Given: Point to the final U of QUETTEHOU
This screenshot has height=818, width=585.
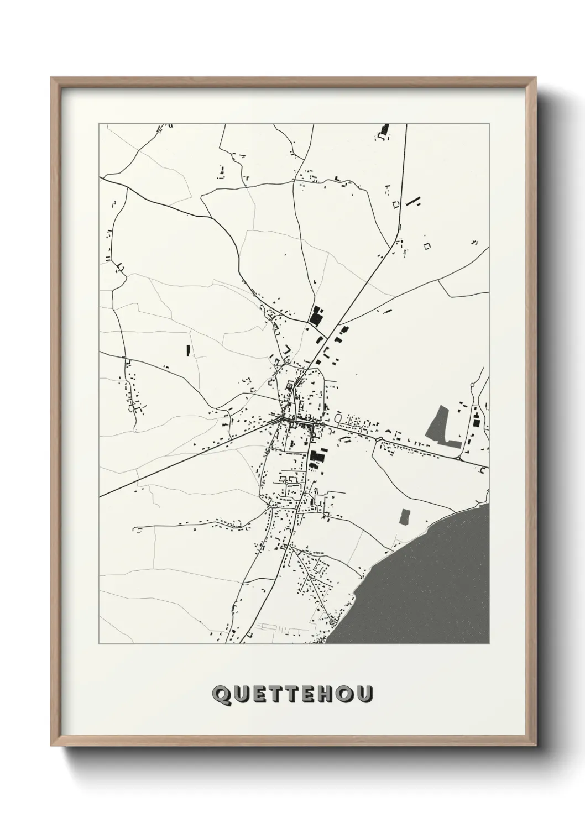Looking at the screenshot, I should click(x=365, y=695).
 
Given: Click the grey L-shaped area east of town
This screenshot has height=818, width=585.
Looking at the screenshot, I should click(x=440, y=428).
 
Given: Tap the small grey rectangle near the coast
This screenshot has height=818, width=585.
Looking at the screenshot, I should click(x=405, y=516).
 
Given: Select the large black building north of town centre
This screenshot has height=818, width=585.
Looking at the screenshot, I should click(x=316, y=316).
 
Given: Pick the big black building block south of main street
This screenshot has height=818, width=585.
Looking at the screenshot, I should click(x=316, y=457).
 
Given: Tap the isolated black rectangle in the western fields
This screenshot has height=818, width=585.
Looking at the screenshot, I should click(x=187, y=350).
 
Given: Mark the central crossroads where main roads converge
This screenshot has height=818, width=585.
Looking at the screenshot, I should click(x=284, y=420).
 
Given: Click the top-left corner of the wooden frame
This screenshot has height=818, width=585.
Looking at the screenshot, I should click(x=52, y=78).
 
